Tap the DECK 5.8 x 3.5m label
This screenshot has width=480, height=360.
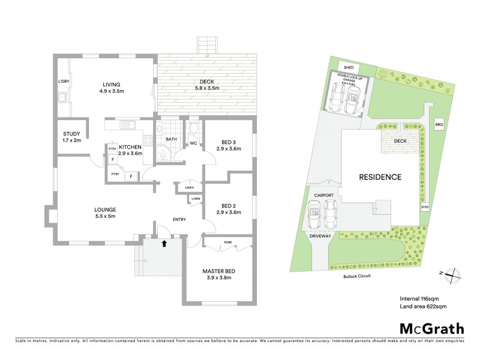[207, 85]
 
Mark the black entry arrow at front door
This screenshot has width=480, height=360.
[164, 242]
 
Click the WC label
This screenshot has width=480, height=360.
[193, 143]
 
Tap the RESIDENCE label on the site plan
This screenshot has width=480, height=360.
[379, 177]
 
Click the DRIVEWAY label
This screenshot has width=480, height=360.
[320, 237]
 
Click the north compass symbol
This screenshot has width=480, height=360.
[454, 274]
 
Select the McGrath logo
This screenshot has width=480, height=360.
[432, 328]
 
